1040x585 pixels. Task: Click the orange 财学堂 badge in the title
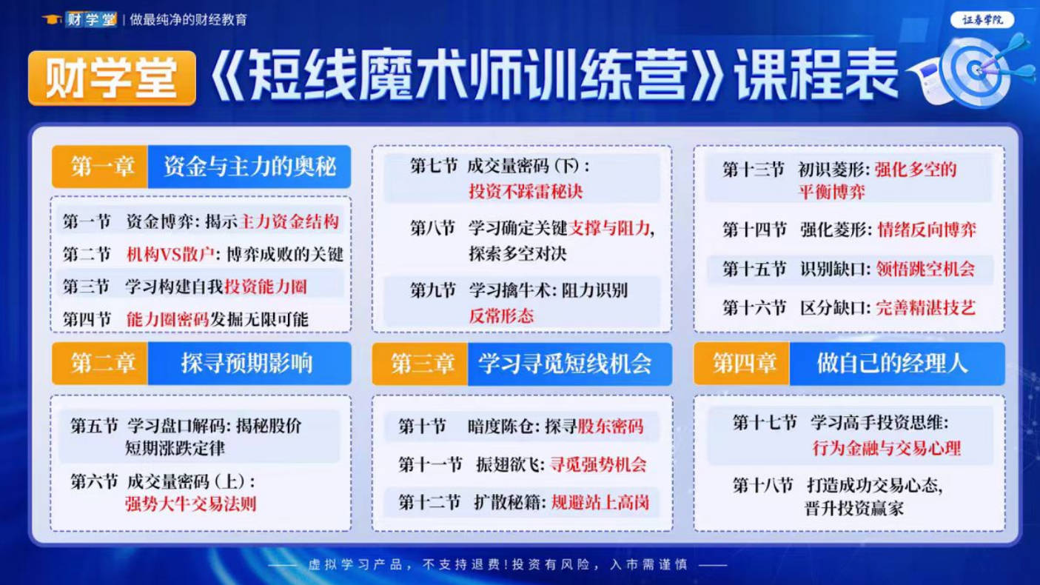112,78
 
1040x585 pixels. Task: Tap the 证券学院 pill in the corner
982,20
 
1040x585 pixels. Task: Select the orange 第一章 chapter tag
100,167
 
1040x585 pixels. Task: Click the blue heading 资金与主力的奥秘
249,167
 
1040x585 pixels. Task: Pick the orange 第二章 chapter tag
100,363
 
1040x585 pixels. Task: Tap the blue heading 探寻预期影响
249,363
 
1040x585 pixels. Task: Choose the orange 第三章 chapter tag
420,364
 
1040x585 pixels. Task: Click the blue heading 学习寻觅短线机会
570,364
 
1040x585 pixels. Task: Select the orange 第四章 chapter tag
742,363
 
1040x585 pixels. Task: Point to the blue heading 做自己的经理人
897,363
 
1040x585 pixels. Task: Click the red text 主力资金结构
289,221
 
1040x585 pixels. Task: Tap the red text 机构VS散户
170,254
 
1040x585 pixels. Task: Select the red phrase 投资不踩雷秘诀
525,191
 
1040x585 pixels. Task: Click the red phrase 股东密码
610,427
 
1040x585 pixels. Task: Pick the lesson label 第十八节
763,485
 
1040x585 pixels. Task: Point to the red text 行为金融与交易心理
887,448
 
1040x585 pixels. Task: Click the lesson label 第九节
433,290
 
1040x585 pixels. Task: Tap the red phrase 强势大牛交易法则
190,504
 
